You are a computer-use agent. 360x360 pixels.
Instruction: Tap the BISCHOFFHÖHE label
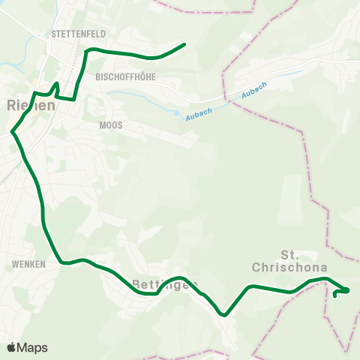(x=124, y=76)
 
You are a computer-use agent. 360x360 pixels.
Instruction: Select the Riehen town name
(x=31, y=106)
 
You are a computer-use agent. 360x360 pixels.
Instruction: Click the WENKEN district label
(x=29, y=264)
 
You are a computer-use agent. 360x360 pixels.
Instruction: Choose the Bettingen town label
(x=164, y=284)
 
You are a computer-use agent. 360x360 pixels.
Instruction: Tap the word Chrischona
(x=279, y=267)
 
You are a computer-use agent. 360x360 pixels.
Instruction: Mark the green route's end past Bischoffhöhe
(x=184, y=44)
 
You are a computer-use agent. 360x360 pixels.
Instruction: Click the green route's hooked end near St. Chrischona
(x=334, y=295)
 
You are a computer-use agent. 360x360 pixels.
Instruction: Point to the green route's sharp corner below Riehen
(x=12, y=133)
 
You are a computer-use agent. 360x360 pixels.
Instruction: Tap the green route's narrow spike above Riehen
(x=57, y=83)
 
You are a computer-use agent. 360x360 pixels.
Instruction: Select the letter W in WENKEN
(x=16, y=264)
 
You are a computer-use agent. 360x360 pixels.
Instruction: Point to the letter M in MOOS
(x=103, y=126)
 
